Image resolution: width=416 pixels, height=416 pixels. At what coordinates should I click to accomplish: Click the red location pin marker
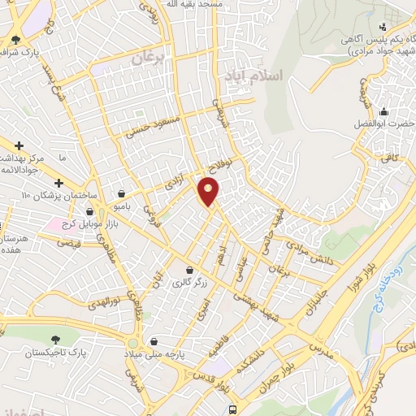[x=210, y=192]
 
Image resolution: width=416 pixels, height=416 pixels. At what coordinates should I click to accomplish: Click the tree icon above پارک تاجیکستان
[x=55, y=339]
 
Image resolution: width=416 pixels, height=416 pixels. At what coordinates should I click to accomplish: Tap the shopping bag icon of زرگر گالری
[x=188, y=271]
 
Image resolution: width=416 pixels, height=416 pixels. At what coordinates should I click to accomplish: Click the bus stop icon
[x=234, y=409]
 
